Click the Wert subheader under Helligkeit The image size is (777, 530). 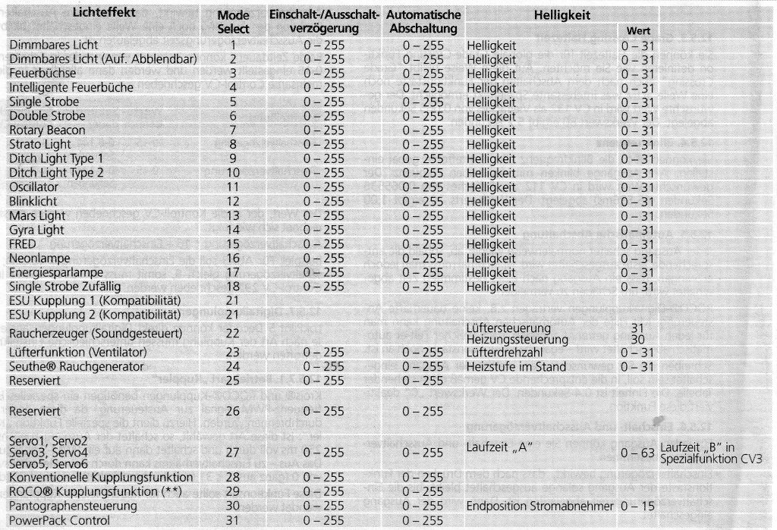(x=636, y=32)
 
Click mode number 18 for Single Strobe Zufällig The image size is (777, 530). (x=234, y=287)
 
